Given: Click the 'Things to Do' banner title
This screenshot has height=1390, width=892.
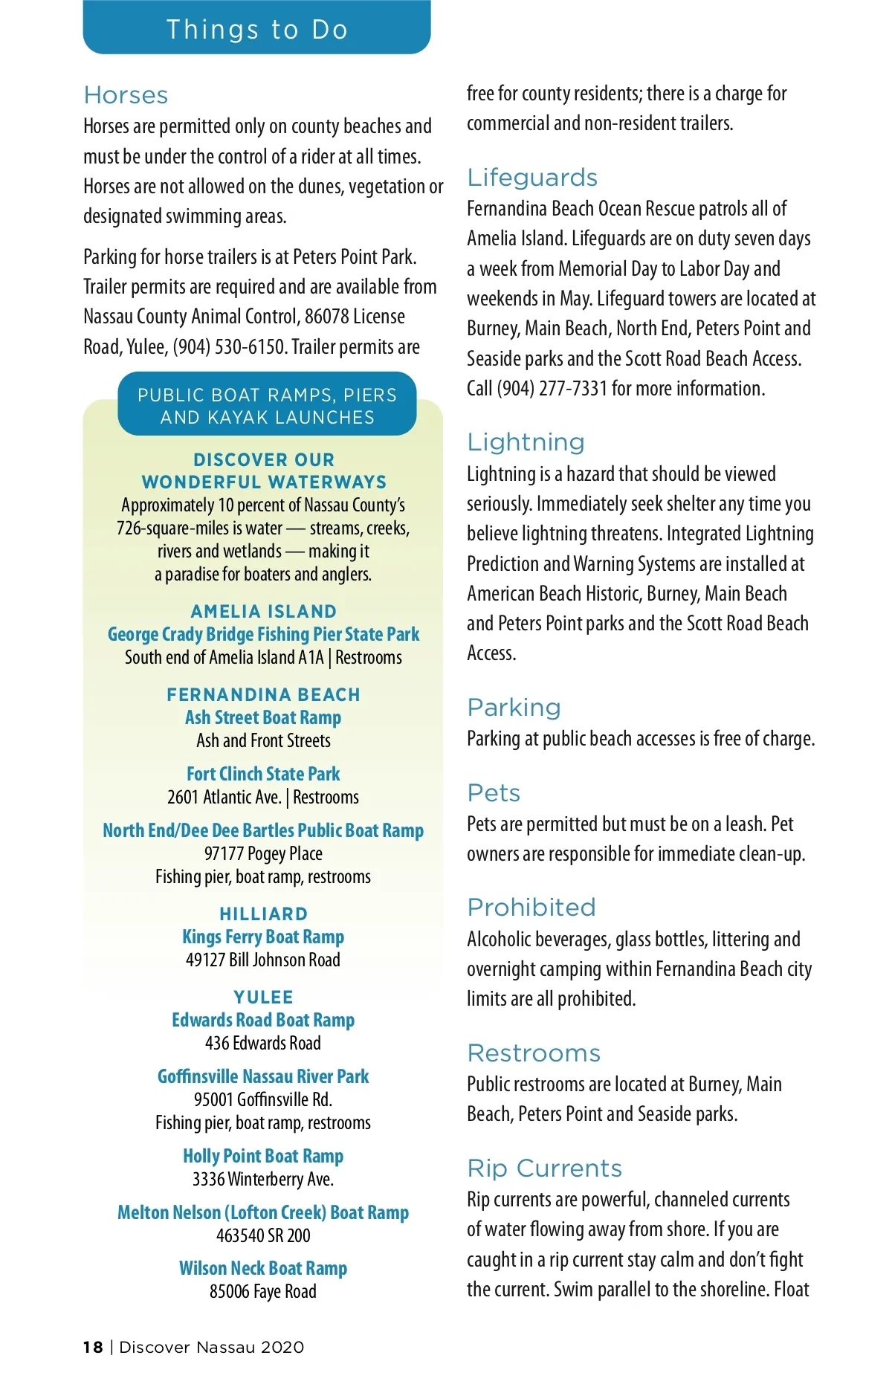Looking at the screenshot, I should [x=257, y=30].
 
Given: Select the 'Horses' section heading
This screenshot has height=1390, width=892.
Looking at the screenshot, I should [x=126, y=95].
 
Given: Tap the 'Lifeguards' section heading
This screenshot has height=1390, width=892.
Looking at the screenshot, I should [x=532, y=178].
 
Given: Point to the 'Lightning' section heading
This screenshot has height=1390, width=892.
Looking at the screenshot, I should [x=526, y=442].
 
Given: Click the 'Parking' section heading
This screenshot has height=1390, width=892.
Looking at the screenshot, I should [x=514, y=708].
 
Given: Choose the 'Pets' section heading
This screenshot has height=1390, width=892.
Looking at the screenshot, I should [x=494, y=793].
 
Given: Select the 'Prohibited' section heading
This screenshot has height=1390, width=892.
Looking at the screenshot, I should [x=531, y=908].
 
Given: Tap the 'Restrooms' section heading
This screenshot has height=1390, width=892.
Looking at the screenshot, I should [x=534, y=1053].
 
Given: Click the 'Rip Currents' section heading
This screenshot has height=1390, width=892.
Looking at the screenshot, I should [x=544, y=1168].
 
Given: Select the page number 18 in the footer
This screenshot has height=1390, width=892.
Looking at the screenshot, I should [x=93, y=1347].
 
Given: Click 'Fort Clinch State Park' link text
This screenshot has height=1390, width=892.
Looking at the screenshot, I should [x=263, y=774].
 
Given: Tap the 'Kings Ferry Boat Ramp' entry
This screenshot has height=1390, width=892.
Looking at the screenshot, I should [x=263, y=937].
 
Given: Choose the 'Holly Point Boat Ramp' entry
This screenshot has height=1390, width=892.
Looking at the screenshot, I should [x=263, y=1156].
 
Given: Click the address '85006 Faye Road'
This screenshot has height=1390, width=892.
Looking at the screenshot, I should [x=263, y=1291].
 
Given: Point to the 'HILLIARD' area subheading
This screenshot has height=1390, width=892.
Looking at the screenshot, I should [x=263, y=914].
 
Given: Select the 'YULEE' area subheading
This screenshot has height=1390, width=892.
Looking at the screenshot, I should [x=263, y=997].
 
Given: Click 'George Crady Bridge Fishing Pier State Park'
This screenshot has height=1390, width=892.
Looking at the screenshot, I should [x=263, y=634].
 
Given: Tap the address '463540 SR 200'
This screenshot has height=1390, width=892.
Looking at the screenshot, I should [x=263, y=1235].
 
